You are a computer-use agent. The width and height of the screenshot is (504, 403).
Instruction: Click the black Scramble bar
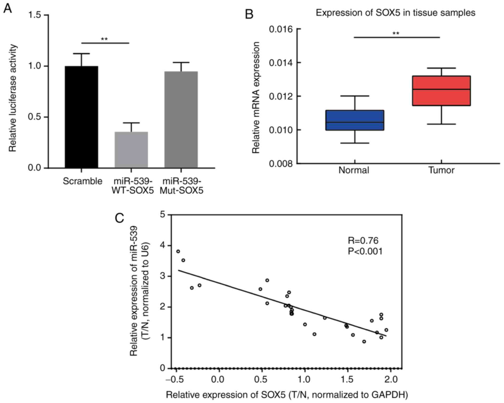81,117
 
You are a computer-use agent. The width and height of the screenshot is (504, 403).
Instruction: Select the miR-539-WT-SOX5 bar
131,150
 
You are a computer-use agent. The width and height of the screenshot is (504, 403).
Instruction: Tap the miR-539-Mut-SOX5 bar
181,119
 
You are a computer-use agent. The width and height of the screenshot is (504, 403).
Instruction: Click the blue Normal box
355,120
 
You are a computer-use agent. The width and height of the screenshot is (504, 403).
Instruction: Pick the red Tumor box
441,91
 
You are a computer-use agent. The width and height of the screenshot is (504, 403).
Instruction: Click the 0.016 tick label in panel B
281,29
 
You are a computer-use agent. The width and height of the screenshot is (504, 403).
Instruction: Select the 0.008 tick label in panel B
281,164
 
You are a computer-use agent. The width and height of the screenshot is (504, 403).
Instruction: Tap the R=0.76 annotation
363,240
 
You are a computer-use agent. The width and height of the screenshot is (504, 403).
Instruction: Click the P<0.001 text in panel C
365,251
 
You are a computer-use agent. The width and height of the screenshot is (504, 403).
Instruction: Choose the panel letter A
8,9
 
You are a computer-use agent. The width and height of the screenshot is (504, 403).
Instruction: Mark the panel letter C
119,218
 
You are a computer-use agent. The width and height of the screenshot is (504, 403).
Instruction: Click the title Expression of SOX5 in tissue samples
395,13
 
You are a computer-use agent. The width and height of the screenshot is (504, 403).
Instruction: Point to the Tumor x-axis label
441,170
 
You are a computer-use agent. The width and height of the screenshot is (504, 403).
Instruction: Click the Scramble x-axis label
82,181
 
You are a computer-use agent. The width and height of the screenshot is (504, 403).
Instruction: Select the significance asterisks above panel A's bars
104,39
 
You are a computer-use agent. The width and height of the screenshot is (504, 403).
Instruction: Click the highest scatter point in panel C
178,251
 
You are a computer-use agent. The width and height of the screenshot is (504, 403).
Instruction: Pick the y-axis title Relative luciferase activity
13,98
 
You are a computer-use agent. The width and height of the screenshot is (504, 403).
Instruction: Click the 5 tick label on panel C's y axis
162,215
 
